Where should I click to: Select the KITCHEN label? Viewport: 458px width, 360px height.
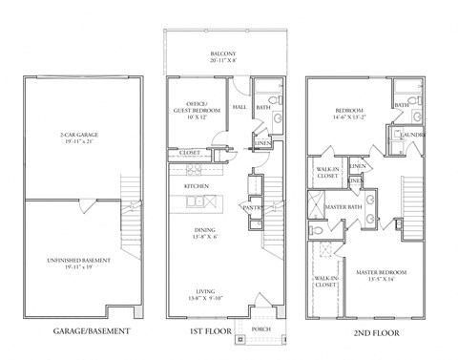click(197, 185)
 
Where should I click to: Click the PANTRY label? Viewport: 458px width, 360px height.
click(252, 207)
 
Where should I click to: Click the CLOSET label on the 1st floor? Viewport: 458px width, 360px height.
click(189, 152)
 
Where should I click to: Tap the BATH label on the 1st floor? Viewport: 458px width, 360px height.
click(263, 109)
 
